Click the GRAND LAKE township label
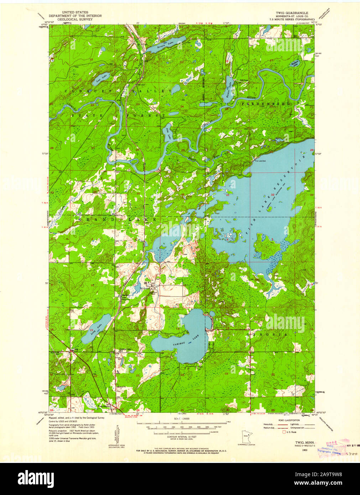(x=117, y=220)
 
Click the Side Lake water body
(x=168, y=134)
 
